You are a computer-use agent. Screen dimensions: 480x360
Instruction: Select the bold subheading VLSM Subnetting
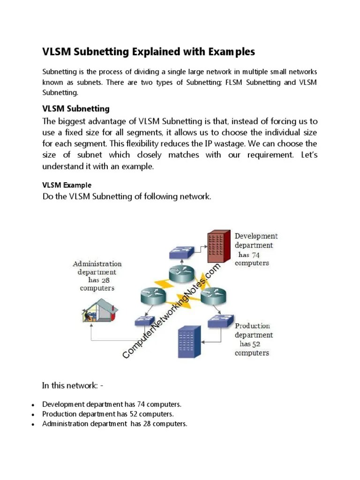(75, 109)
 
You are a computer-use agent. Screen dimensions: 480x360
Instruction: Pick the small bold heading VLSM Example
(67, 185)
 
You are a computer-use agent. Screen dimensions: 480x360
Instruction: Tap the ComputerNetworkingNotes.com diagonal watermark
(172, 311)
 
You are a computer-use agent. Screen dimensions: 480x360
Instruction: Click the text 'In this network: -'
(73, 386)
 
